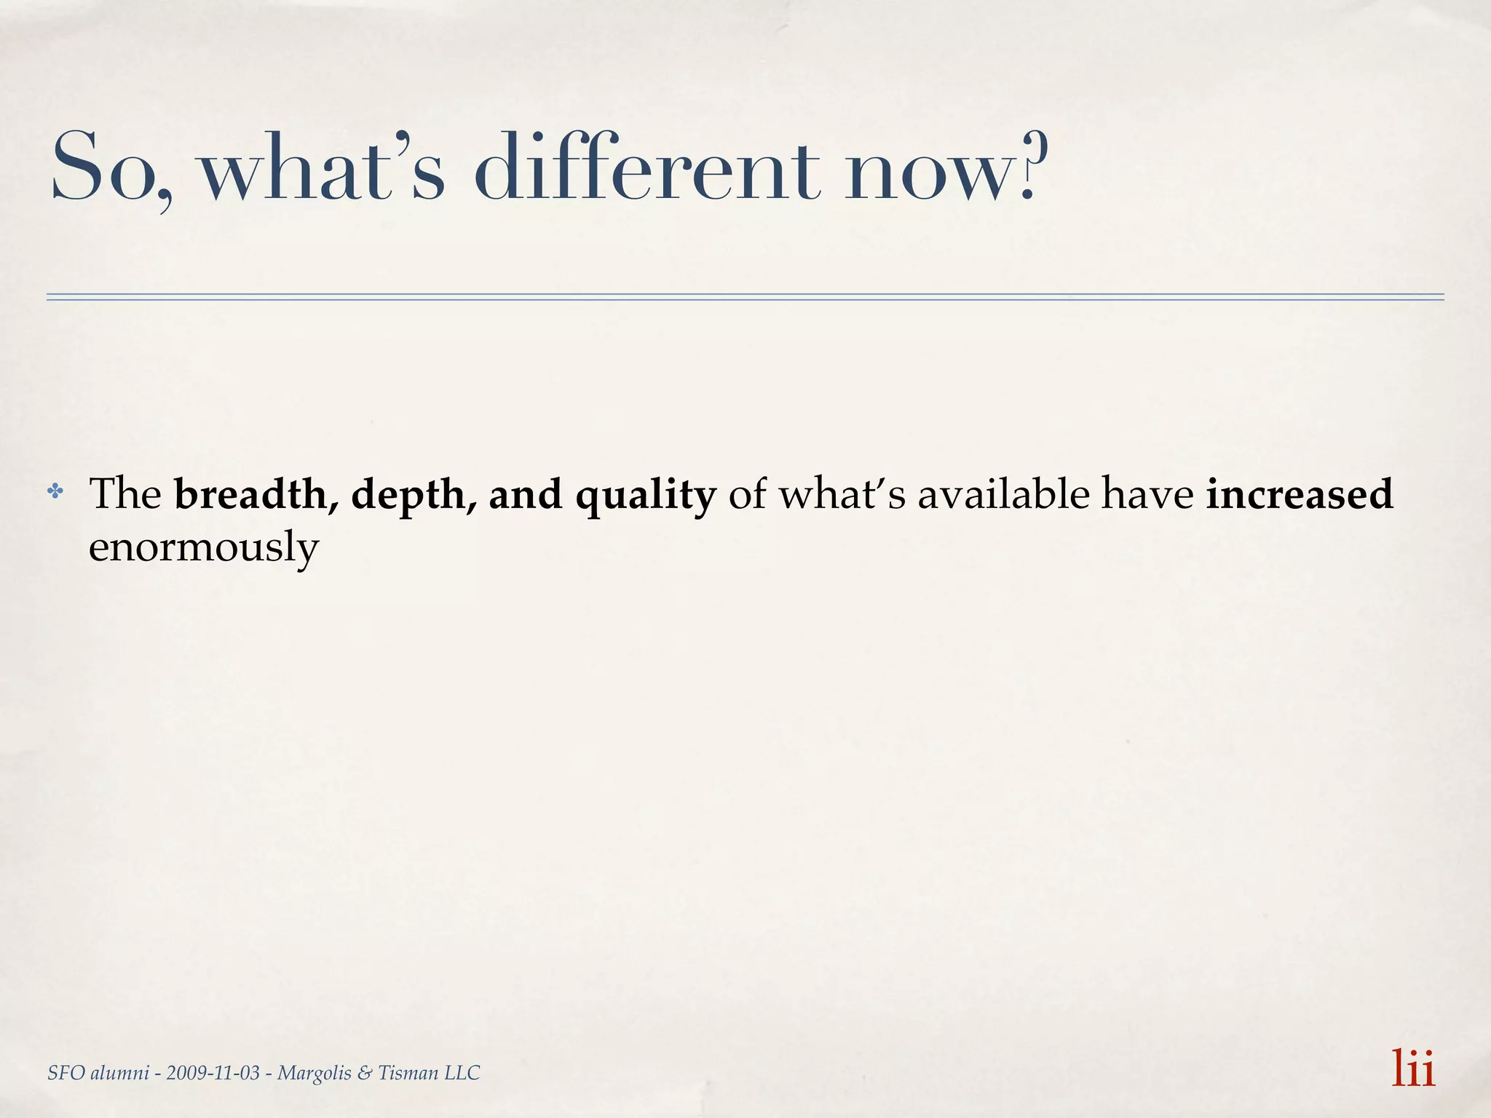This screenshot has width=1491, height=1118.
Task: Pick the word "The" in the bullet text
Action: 124,493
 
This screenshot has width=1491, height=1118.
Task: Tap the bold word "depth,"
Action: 414,495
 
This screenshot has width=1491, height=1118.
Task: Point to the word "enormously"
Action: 204,547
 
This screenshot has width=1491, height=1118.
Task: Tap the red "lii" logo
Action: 1413,1068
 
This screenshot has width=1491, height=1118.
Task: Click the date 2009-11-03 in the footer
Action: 213,1073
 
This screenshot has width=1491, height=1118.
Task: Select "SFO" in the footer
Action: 64,1073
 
